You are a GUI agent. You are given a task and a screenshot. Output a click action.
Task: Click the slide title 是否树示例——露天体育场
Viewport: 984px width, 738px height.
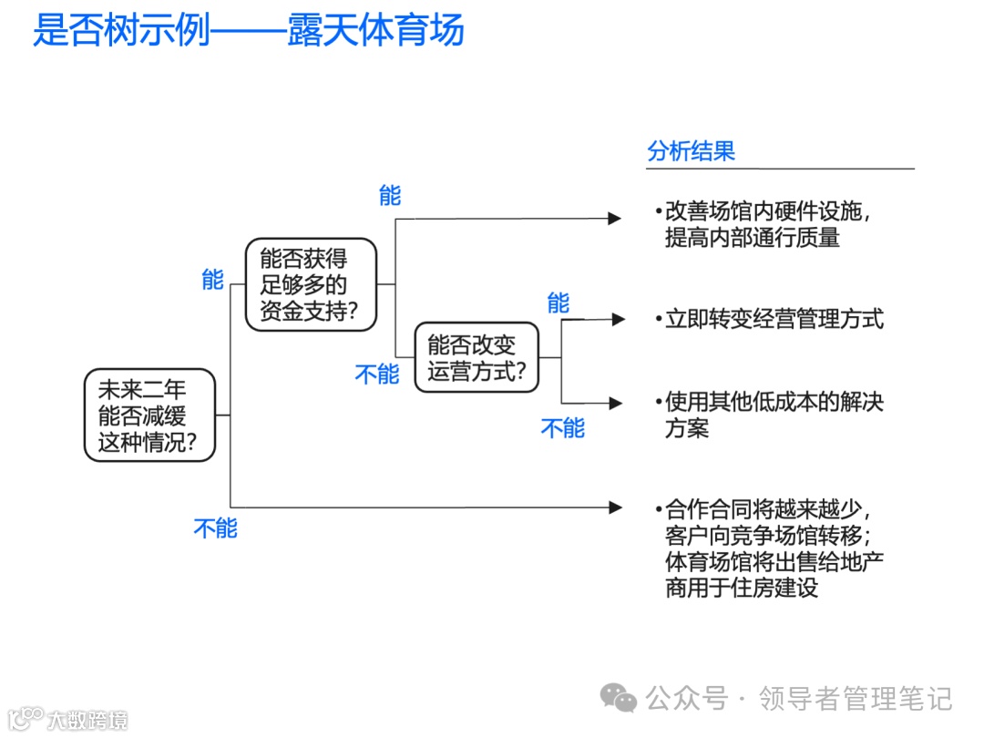249,29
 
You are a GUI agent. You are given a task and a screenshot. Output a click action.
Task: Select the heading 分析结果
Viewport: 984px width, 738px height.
691,151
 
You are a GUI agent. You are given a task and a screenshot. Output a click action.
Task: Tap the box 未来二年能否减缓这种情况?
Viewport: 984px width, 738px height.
149,415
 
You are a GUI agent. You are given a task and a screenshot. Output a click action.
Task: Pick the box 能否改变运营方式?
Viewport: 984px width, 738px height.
477,357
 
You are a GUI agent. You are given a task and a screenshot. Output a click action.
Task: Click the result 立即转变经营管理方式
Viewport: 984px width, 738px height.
774,319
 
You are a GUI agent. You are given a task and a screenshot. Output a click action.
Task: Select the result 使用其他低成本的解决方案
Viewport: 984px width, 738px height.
774,415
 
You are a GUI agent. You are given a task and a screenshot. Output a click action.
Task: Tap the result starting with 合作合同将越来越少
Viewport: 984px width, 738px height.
774,548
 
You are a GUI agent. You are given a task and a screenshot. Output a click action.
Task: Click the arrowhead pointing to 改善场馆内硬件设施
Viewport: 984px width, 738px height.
616,219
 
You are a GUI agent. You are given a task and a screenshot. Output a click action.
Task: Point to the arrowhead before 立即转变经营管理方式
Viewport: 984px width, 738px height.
619,319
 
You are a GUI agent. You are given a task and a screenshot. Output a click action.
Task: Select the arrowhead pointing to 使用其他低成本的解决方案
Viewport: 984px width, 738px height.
617,402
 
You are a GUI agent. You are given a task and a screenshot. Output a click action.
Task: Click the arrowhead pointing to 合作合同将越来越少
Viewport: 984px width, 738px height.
616,507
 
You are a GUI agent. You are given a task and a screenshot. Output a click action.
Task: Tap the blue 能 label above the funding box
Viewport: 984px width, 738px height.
212,280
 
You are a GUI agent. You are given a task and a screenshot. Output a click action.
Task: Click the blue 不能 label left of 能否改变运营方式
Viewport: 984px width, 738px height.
376,374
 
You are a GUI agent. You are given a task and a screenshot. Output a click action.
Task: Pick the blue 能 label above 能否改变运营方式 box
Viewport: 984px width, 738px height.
558,303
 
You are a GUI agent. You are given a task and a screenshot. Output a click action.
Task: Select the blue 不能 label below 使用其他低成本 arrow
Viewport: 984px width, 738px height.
562,428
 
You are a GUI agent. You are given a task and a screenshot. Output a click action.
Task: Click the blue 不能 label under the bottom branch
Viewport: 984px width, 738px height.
215,528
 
